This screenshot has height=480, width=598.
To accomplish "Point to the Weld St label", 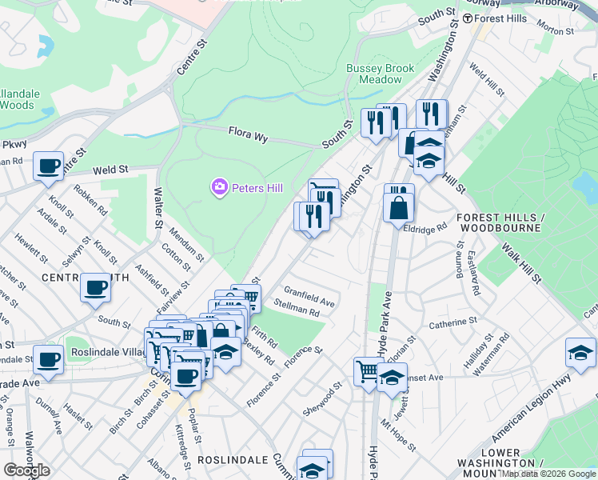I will (110, 170).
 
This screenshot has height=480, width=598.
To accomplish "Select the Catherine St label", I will (452, 324).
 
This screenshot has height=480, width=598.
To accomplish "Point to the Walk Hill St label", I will (521, 264).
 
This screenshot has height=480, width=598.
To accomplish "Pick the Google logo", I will (26, 470).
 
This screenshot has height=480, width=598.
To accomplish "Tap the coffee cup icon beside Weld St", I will (48, 166).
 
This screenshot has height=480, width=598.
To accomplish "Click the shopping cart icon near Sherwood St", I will (367, 370).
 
